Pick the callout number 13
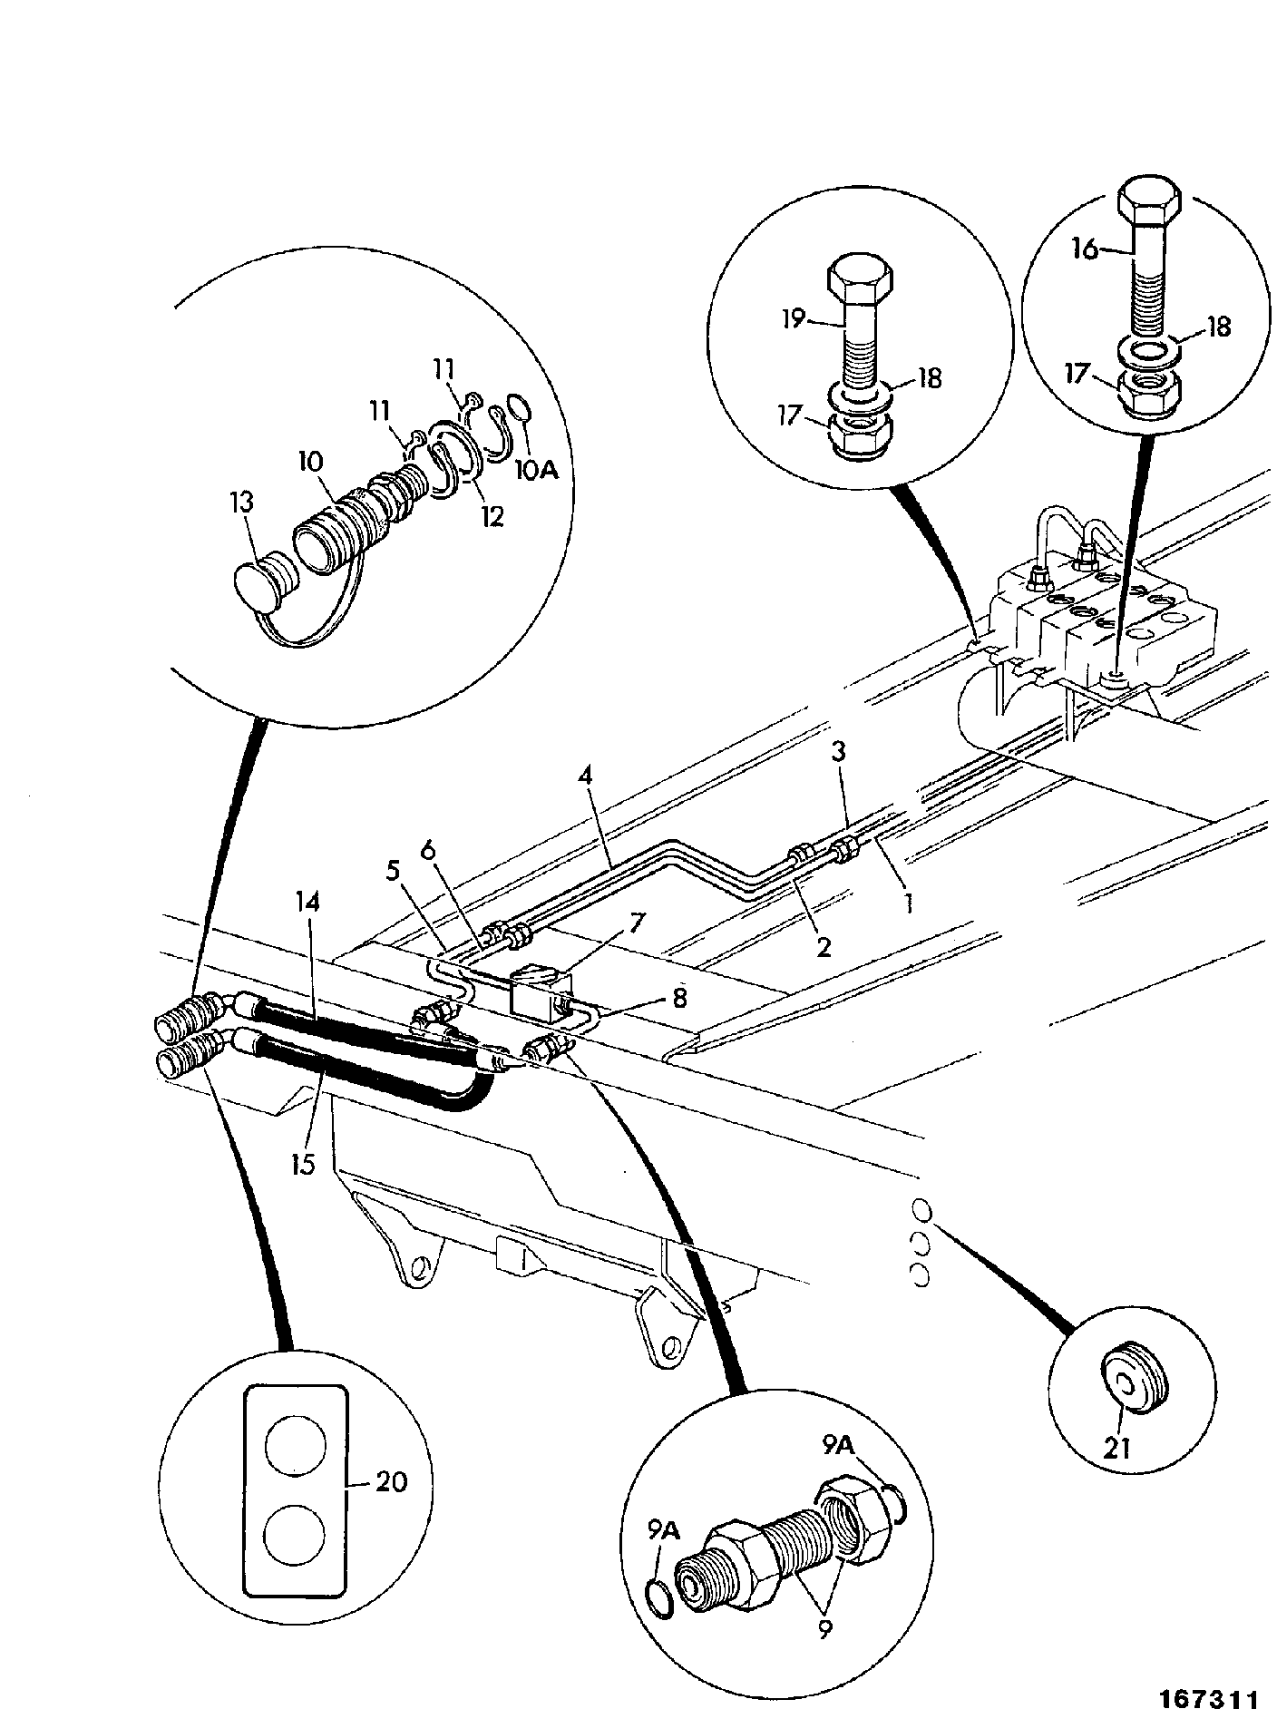(x=242, y=503)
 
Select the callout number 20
(x=392, y=1482)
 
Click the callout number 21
(x=1117, y=1449)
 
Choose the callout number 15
(x=304, y=1163)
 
